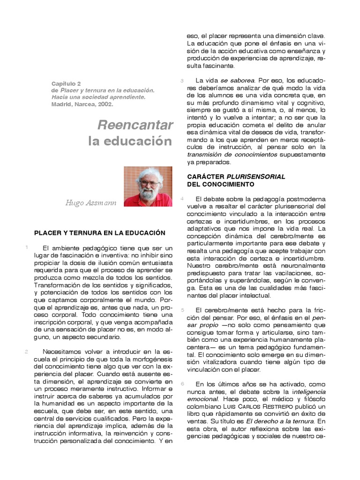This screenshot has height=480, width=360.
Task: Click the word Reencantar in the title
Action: point(135,125)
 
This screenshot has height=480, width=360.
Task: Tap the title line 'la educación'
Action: point(130,141)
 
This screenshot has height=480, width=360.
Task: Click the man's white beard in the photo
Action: point(148,193)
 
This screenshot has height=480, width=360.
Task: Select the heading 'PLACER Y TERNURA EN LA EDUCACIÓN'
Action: point(100,232)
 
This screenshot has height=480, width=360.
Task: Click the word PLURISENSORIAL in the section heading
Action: point(256,177)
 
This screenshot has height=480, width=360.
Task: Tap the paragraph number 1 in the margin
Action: point(27,247)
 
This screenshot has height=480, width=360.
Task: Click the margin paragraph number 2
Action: point(27,352)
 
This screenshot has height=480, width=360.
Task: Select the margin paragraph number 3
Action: point(182,81)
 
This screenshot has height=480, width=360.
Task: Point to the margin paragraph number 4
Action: point(182,199)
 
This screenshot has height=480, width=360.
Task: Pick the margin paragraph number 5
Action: point(182,310)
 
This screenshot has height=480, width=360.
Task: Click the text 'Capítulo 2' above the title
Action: point(66,83)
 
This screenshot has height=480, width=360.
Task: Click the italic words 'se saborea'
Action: point(238,81)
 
